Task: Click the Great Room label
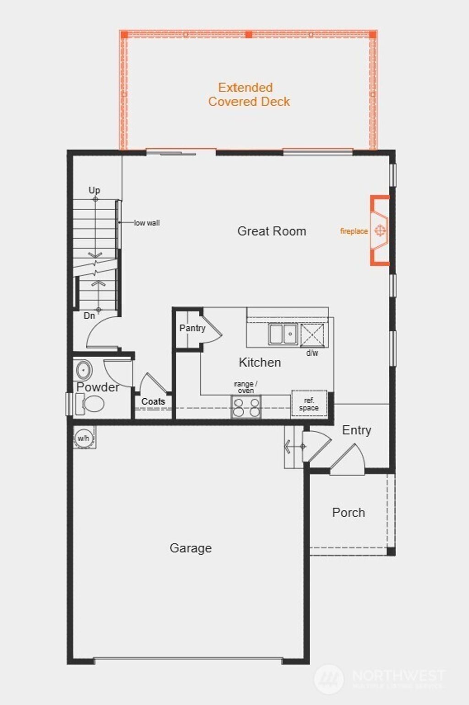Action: pos(272,231)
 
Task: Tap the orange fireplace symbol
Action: pos(380,230)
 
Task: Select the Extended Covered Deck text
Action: pos(249,94)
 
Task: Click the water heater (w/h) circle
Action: pos(83,438)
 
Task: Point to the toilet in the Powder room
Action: pos(92,404)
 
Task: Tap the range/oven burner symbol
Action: pos(246,407)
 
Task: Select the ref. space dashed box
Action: pos(309,404)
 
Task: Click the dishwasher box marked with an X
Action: pos(312,334)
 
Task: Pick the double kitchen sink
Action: pos(283,334)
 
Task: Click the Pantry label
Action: pos(192,328)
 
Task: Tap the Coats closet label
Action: pos(153,401)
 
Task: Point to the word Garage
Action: pos(191,548)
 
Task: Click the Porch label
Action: pos(349,513)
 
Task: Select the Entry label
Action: pos(356,430)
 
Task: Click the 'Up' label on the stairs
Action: pos(94,190)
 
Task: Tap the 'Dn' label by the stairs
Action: pos(89,316)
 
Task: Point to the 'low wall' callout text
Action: pos(147,223)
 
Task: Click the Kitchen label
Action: pos(260,363)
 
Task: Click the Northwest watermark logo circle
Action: pos(329,679)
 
